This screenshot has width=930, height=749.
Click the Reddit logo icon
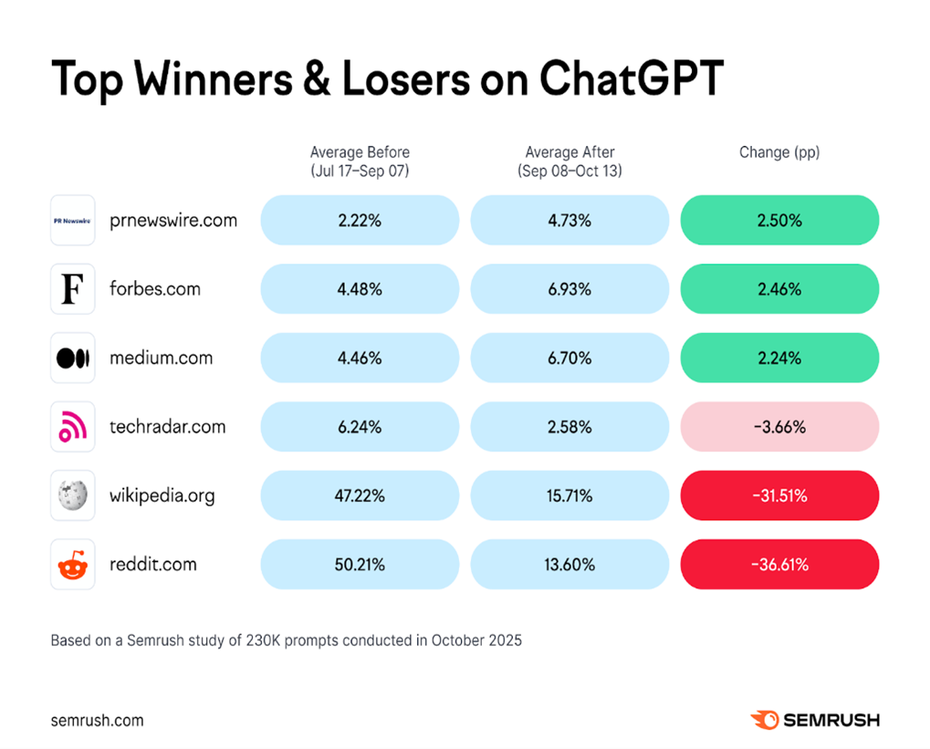[73, 565]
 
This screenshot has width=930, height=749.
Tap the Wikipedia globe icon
[73, 496]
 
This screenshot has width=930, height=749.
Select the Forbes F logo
[73, 289]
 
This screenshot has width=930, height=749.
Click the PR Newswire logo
[73, 220]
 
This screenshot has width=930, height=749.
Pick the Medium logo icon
[73, 359]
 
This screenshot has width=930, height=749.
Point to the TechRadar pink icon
[73, 427]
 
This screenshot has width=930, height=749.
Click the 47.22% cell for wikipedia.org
[360, 496]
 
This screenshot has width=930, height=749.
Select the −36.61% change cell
[779, 565]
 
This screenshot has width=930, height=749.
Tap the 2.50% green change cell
[779, 220]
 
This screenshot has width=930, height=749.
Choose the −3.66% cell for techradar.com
[779, 427]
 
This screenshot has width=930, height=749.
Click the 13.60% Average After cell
[569, 565]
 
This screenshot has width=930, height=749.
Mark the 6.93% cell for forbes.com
[569, 289]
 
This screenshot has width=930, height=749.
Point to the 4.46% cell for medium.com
[360, 359]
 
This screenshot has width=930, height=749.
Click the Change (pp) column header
[779, 152]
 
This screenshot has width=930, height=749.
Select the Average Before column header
[360, 161]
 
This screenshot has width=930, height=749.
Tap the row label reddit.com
[153, 565]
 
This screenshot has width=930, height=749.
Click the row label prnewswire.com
[173, 220]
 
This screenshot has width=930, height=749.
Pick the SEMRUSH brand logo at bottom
[815, 720]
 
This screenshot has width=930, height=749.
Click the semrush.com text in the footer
[97, 720]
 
